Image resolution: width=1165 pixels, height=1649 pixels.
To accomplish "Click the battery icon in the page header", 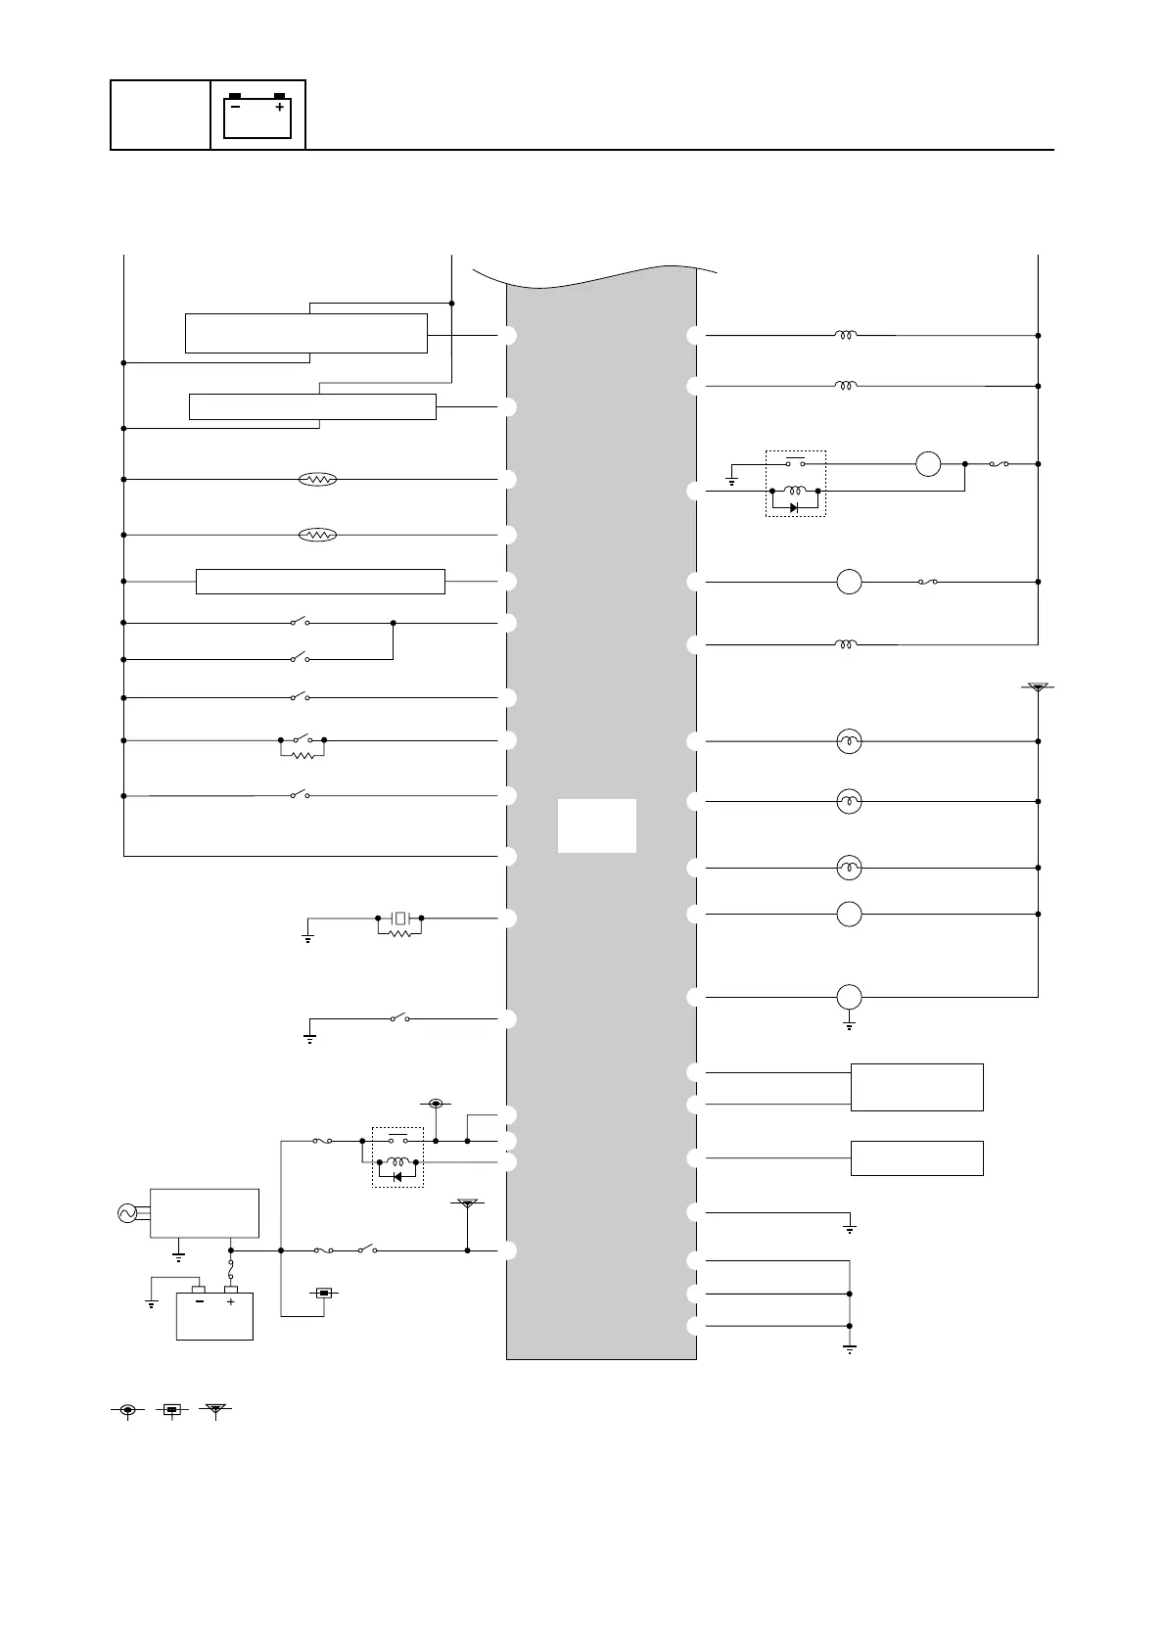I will [x=258, y=116].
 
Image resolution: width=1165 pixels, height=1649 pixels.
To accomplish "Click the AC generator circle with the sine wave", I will [x=126, y=1213].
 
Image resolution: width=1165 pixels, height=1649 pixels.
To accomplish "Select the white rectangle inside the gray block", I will [x=596, y=825].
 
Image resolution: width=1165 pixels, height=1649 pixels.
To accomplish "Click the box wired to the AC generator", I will [x=204, y=1213].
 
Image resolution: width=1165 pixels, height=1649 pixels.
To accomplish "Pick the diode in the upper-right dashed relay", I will [x=794, y=507].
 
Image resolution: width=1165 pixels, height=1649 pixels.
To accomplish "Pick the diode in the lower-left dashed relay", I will [x=396, y=1176].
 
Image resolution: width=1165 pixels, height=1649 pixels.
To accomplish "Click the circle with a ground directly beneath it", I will [x=849, y=997].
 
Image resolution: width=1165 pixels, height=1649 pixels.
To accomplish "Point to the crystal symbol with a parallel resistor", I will [x=399, y=919].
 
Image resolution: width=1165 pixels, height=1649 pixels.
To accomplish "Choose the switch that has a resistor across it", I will [x=302, y=740].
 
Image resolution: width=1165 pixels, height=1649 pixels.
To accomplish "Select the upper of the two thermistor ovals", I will [x=317, y=479].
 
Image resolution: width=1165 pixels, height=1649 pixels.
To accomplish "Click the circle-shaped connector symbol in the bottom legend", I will [x=127, y=1410].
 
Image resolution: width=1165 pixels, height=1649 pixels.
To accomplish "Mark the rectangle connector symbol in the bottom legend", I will [x=171, y=1410].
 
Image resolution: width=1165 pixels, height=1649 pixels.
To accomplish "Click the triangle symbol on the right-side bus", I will [x=1038, y=688].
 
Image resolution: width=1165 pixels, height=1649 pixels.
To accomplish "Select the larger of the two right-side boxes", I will [x=916, y=1087].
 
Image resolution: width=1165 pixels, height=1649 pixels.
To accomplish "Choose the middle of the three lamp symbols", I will [x=849, y=802].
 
